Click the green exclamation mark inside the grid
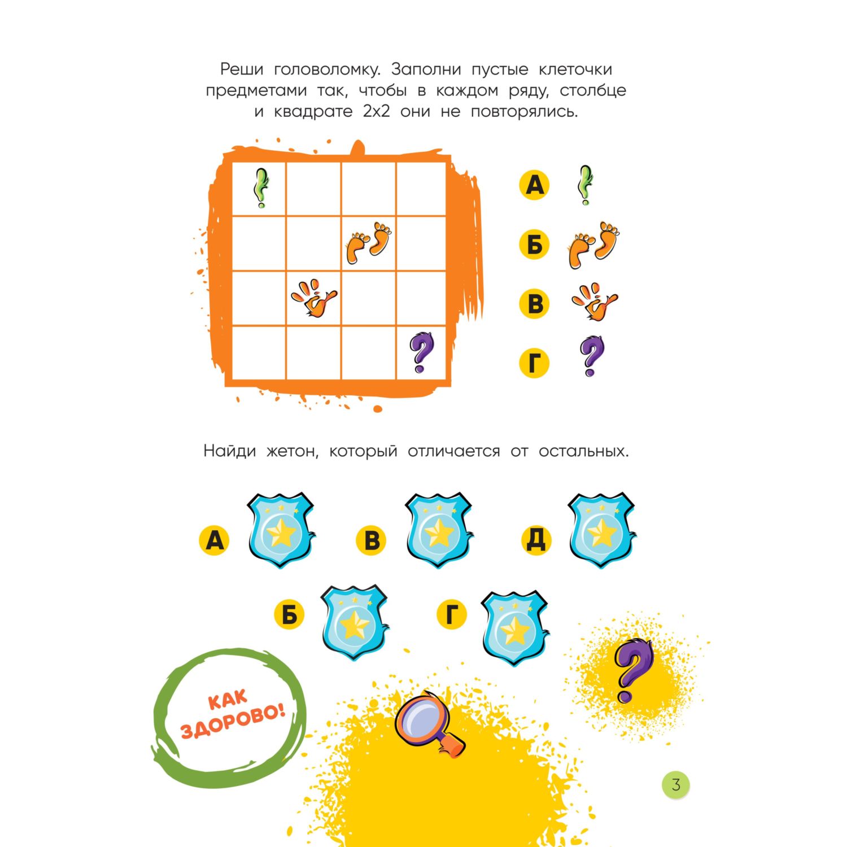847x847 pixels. point(261,188)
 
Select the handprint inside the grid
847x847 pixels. point(314,298)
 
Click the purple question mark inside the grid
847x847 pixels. point(422,352)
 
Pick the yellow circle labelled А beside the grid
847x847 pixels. point(534,185)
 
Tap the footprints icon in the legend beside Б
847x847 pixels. point(593,245)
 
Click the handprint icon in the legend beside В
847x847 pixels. point(595,302)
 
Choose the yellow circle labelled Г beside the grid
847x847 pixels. point(534,363)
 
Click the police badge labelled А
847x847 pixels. point(281,531)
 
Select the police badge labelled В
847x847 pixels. point(439,531)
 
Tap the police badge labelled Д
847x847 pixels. point(601,531)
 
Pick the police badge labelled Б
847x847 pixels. point(354,623)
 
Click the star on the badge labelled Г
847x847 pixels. point(515,630)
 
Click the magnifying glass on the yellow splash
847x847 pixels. point(429,724)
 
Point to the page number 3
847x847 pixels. point(676,784)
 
